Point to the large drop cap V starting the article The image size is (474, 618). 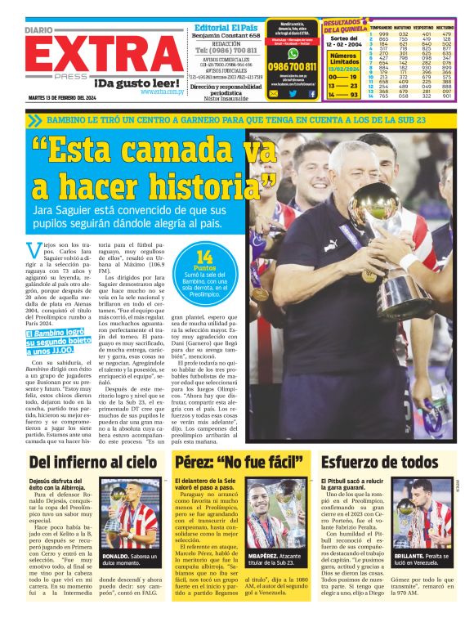click(34, 249)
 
